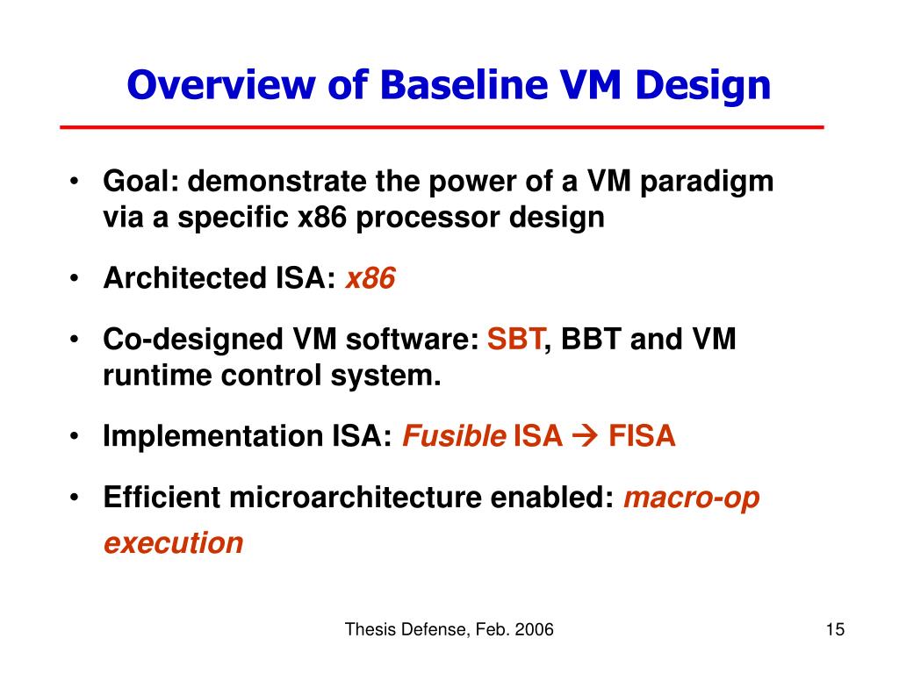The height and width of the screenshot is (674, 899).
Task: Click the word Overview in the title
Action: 221,85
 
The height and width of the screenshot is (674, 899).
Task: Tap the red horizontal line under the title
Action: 442,126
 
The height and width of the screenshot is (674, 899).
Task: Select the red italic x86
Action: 370,278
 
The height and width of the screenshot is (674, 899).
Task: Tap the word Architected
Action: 185,278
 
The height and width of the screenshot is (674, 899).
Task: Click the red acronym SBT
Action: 514,339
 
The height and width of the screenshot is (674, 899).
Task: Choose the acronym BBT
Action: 591,339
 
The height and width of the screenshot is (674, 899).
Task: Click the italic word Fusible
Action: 454,435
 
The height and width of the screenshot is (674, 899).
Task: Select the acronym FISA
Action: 642,435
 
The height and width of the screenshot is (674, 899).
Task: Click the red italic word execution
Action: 174,542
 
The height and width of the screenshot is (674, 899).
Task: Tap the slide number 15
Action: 835,629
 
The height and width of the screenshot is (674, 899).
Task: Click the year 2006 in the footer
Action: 535,629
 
